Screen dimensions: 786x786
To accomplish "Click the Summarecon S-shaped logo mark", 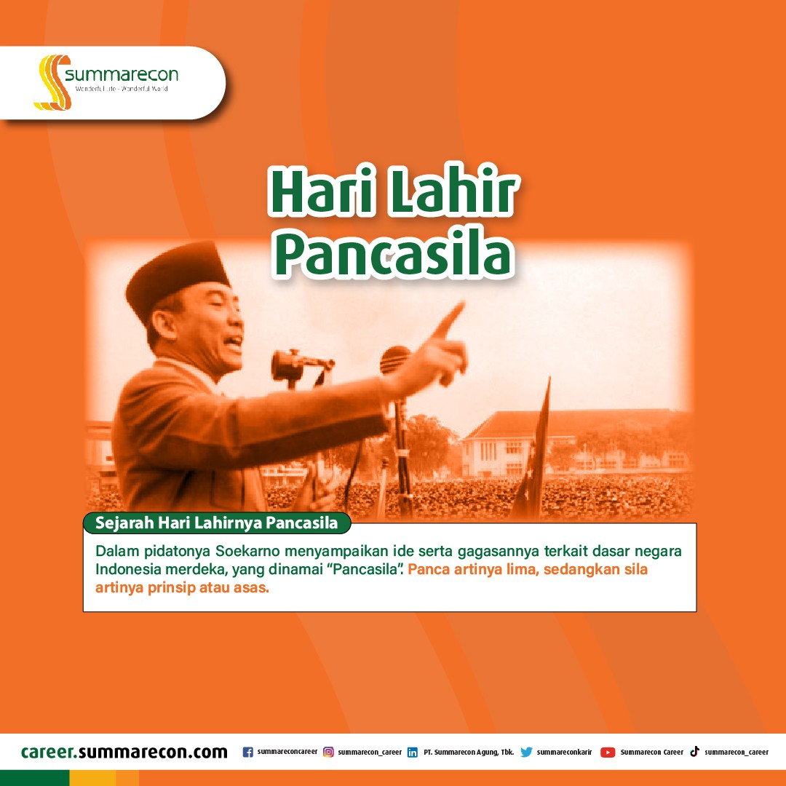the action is coord(52,82).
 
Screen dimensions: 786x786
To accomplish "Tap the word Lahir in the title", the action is coord(453,191).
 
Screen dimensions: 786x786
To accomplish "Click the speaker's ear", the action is coord(164,325).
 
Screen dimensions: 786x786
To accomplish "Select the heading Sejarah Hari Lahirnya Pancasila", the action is coord(217,523).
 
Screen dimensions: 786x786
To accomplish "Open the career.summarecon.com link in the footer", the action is coord(124,752).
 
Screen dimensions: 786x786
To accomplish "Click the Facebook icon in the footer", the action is coord(247,752).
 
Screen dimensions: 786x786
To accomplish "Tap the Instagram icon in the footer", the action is coord(328,752).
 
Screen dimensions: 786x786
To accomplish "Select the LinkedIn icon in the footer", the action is coord(413,753).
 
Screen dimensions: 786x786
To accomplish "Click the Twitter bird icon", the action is coord(526,752).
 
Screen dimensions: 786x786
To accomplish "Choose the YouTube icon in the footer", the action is coord(608,753).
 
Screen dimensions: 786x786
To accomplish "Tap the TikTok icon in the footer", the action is coord(695,751).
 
